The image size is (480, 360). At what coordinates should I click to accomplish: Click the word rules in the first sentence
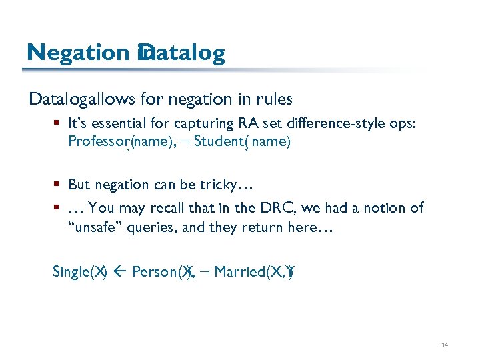(x=274, y=100)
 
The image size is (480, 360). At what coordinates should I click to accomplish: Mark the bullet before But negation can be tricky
(x=59, y=185)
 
